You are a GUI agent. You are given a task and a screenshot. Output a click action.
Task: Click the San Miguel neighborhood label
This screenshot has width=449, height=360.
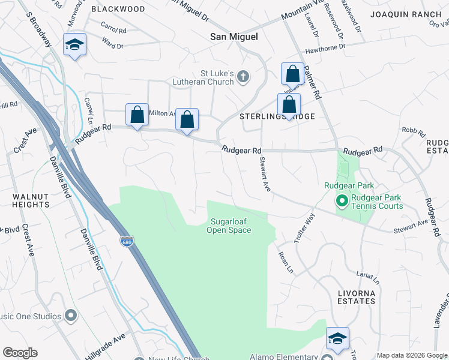point(234,37)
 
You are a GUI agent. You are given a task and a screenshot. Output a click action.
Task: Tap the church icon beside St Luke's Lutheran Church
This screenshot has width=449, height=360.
point(243,76)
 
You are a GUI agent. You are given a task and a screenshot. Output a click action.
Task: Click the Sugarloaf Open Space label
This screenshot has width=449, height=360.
point(229,226)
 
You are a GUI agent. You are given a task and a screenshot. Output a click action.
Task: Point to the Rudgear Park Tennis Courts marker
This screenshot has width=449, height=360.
point(342,200)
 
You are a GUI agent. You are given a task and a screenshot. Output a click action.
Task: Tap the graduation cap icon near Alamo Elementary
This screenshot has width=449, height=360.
point(337,338)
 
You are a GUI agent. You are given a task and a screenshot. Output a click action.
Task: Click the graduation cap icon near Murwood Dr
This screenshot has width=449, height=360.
point(75,45)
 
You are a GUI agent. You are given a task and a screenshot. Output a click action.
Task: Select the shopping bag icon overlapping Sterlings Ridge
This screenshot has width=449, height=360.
point(289,104)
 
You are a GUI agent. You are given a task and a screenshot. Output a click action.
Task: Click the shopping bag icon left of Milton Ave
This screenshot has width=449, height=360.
point(137,115)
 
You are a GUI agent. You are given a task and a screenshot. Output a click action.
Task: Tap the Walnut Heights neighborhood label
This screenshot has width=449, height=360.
point(30,200)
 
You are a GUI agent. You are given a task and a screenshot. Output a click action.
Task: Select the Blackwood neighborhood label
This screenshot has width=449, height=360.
point(118,9)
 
